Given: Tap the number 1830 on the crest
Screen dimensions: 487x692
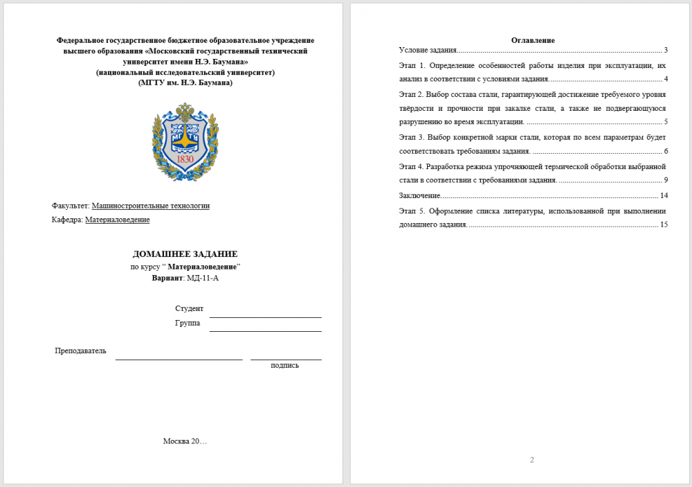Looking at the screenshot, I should click(x=185, y=159).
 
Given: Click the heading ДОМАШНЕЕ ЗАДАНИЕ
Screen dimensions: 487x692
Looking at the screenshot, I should click(x=185, y=254).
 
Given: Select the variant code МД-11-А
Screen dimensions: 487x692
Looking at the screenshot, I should click(x=203, y=278).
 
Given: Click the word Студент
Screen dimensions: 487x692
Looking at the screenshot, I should click(x=189, y=308).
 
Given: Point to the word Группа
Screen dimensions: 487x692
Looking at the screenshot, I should click(x=188, y=323).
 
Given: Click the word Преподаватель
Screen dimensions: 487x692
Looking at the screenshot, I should click(x=80, y=351).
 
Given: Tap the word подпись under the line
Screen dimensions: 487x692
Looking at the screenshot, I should click(x=284, y=365).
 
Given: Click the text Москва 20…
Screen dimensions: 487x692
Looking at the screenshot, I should click(x=185, y=441).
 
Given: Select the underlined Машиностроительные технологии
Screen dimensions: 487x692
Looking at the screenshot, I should click(x=150, y=206).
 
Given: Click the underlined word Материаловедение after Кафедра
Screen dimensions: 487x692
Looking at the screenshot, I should click(x=117, y=220).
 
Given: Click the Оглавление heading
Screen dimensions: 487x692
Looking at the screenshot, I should click(x=533, y=40).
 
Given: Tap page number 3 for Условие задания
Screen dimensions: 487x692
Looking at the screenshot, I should click(x=665, y=51).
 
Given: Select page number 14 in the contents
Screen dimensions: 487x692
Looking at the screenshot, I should click(x=664, y=195).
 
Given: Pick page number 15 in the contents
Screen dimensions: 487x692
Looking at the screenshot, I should click(x=664, y=224).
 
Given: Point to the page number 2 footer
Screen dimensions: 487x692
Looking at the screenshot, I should click(x=532, y=460).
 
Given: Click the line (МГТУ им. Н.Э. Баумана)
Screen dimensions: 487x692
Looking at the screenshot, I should click(x=185, y=82).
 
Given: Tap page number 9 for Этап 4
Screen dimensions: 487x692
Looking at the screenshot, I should click(x=665, y=180).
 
